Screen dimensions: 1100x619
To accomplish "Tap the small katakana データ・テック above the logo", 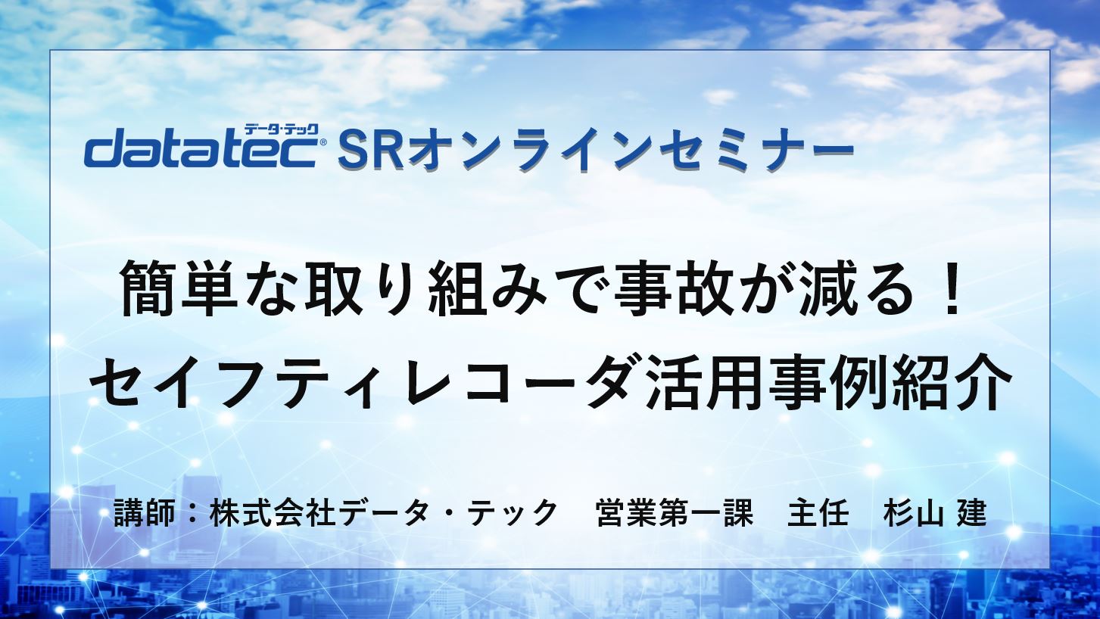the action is coord(282,129).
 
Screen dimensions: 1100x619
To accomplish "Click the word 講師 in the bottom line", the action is coord(144,514).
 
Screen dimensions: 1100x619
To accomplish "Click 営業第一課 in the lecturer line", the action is coord(675,514).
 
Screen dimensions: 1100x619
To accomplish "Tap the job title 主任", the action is coord(818,514).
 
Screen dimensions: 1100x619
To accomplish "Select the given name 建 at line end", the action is coord(972,514).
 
